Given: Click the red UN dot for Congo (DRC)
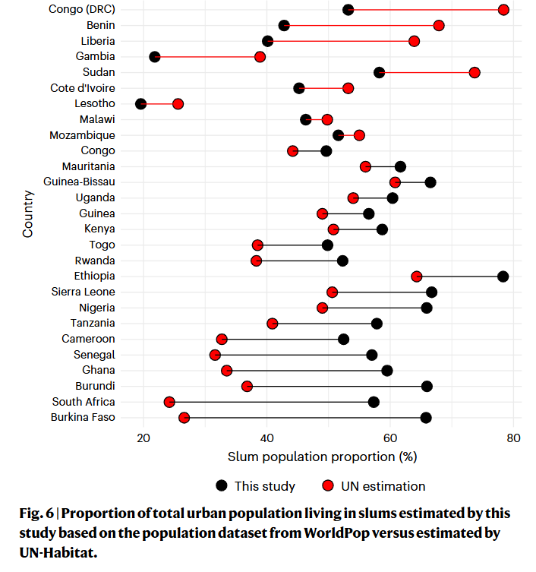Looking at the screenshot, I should (x=503, y=10).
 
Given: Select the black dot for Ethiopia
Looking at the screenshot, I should (x=503, y=277).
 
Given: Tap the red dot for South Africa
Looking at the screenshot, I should (x=169, y=402).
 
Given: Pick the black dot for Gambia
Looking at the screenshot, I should (x=155, y=57).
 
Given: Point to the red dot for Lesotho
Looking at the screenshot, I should (x=178, y=104).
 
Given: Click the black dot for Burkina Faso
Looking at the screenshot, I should (x=426, y=418).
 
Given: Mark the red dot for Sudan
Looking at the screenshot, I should (x=475, y=72).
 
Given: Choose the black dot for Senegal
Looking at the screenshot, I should (x=371, y=355).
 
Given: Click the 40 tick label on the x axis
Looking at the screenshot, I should (x=266, y=438).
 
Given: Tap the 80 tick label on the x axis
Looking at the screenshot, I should (x=514, y=438).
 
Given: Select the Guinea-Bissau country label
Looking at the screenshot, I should (x=80, y=182).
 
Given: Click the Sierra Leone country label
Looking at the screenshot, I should (x=84, y=292).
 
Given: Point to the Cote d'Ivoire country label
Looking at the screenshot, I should (x=83, y=88).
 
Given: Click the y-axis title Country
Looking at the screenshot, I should (x=28, y=214).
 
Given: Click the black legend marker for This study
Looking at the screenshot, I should (x=222, y=485).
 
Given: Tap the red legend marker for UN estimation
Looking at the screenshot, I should (x=328, y=485).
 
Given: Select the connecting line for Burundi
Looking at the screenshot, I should (x=337, y=387).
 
